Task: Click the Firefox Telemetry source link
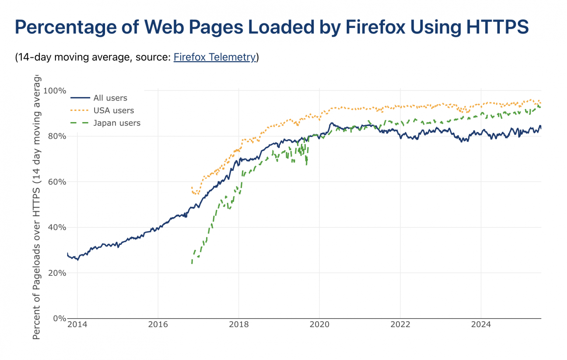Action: pyautogui.click(x=214, y=57)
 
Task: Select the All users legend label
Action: pyautogui.click(x=110, y=98)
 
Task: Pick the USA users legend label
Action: pyautogui.click(x=113, y=110)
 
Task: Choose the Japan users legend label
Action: pyautogui.click(x=117, y=123)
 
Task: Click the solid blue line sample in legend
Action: pyautogui.click(x=80, y=98)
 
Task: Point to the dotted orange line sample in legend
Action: pyautogui.click(x=80, y=110)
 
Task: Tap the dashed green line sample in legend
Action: pyautogui.click(x=80, y=123)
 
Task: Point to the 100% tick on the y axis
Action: pyautogui.click(x=55, y=90)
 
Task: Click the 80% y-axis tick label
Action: pyautogui.click(x=57, y=136)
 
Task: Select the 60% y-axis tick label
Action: pyautogui.click(x=57, y=182)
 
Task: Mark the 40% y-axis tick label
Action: pyautogui.click(x=57, y=227)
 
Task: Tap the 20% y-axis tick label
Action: pyautogui.click(x=57, y=273)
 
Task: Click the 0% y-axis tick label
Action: pyautogui.click(x=59, y=318)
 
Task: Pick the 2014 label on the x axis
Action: pyautogui.click(x=77, y=324)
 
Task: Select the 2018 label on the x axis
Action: pyautogui.click(x=239, y=324)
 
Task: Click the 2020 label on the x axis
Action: pyautogui.click(x=319, y=324)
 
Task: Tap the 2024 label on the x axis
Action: pyautogui.click(x=481, y=324)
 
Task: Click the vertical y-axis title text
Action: pyautogui.click(x=36, y=207)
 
